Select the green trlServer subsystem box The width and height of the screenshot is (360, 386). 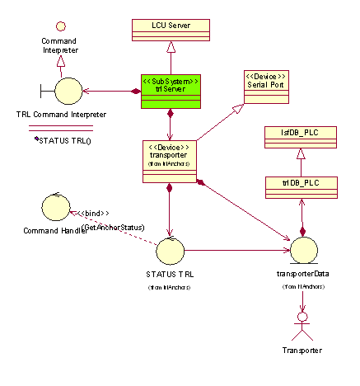pos(170,91)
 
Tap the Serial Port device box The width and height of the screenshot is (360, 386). pos(265,87)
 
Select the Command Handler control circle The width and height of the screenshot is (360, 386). pos(50,205)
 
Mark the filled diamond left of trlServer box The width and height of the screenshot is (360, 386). pos(135,91)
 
